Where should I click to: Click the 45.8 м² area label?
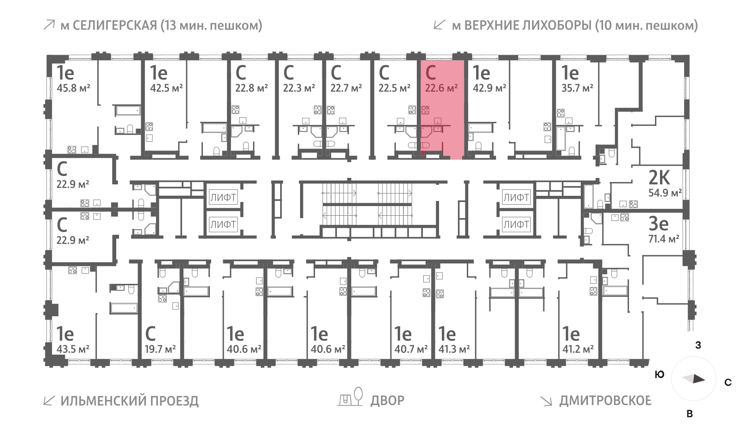(73, 88)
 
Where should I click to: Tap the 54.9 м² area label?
(665, 193)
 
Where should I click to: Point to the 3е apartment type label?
(658, 224)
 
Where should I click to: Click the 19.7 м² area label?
(160, 349)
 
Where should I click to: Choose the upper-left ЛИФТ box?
(223, 198)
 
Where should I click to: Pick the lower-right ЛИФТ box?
(516, 225)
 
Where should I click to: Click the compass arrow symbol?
(694, 379)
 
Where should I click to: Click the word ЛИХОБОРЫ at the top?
(551, 25)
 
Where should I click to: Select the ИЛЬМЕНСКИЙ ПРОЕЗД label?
(129, 401)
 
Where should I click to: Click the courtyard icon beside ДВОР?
(351, 397)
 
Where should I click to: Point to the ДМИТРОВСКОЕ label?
(605, 401)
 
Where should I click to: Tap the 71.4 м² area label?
(663, 239)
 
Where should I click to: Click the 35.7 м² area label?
(577, 88)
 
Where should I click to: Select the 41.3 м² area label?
(454, 349)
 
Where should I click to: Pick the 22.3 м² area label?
(299, 88)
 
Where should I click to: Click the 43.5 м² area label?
(73, 349)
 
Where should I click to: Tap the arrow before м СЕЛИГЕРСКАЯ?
(49, 25)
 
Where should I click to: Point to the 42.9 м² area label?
(489, 88)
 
